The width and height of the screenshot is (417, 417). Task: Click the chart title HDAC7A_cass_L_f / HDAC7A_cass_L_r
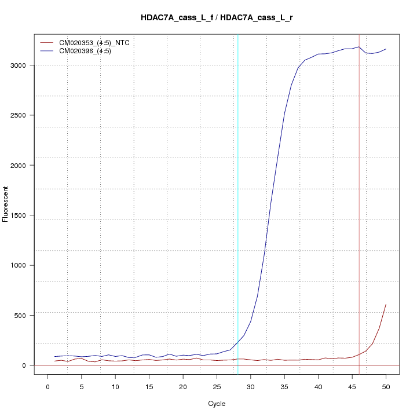pos(217,17)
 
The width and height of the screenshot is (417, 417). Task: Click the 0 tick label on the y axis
pos(24,365)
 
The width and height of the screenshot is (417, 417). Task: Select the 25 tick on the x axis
pos(217,386)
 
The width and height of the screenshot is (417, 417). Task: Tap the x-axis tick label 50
pos(386,386)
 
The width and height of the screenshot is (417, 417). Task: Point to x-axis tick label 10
pos(115,386)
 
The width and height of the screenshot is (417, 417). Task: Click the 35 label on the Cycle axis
pos(284,386)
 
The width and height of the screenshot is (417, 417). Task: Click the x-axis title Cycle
pos(217,404)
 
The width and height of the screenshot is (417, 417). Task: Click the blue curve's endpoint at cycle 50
pos(386,49)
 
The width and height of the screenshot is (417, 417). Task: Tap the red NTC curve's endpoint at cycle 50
pos(386,304)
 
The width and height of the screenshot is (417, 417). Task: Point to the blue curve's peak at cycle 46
pos(359,47)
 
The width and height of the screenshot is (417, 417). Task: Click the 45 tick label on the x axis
pos(352,386)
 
